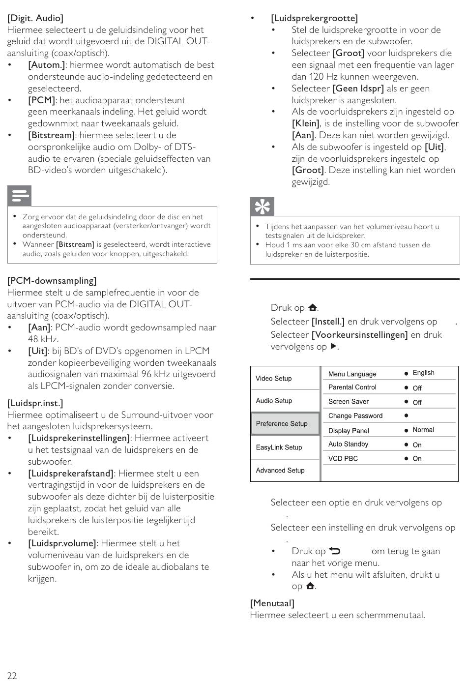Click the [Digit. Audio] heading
click(35, 18)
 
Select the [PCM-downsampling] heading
click(52, 281)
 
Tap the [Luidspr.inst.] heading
click(35, 403)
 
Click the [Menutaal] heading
click(272, 603)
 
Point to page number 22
click(12, 676)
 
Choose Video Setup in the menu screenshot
click(274, 378)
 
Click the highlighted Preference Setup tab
click(282, 423)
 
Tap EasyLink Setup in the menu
click(279, 447)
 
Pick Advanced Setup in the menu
click(280, 470)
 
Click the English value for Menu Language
click(423, 373)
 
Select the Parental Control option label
click(352, 387)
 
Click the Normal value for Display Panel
click(423, 430)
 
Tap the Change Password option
click(355, 415)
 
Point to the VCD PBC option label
click(343, 458)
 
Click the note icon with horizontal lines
click(20, 196)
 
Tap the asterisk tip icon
click(262, 207)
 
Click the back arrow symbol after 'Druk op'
click(335, 551)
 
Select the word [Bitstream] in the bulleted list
click(52, 135)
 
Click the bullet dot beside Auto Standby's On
click(407, 445)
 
